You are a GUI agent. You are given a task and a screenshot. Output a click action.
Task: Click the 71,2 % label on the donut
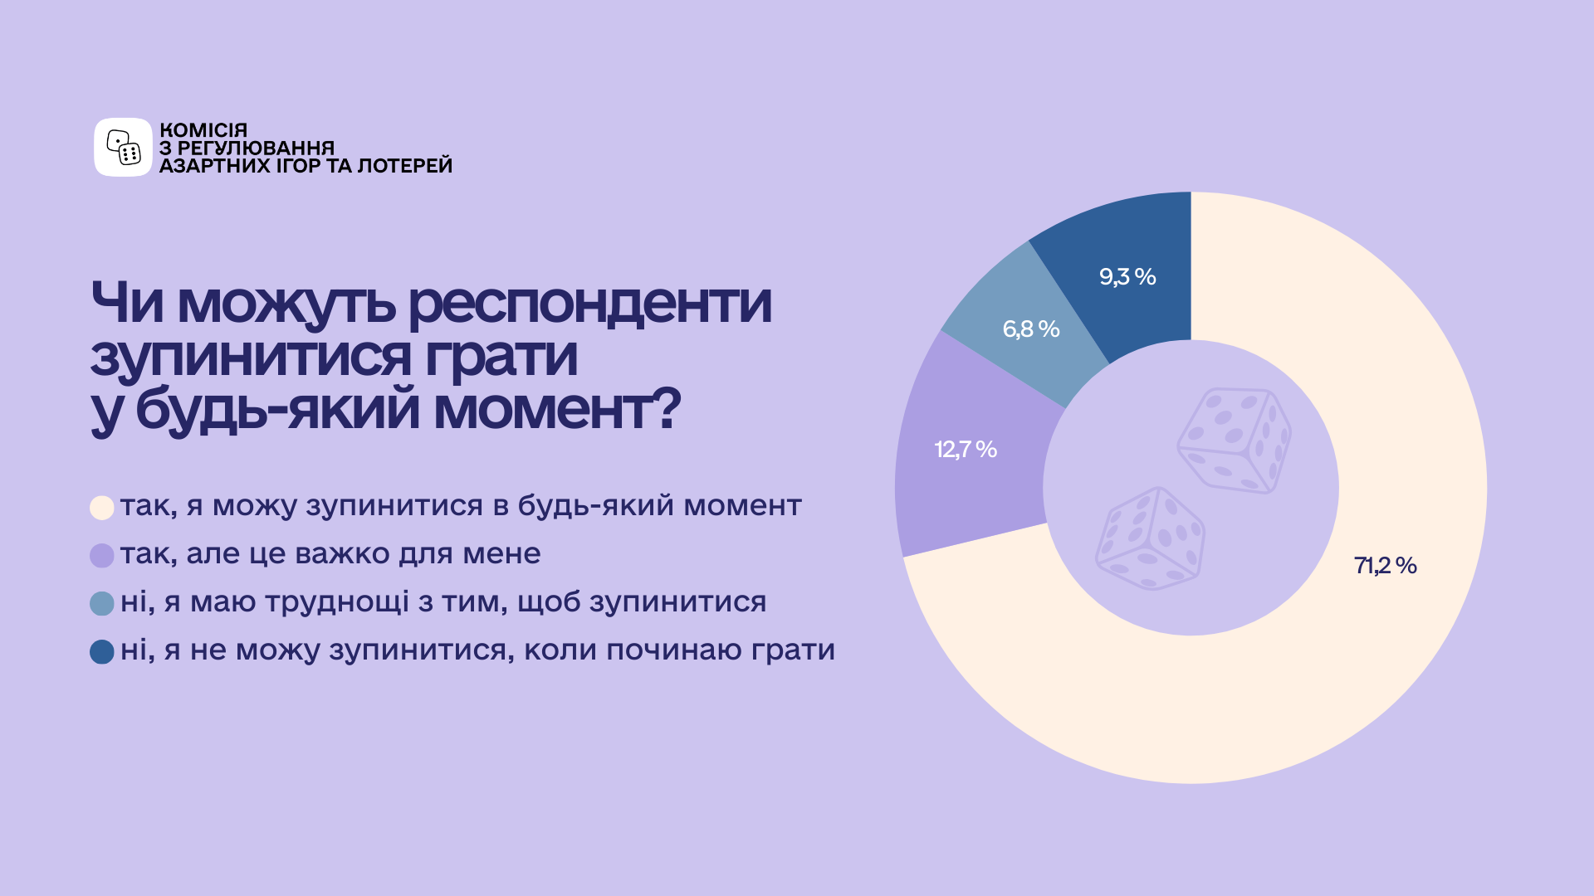pos(1385,566)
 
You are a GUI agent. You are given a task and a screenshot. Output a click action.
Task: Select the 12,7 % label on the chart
pos(966,450)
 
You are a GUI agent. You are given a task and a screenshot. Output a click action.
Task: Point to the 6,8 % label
pos(1031,329)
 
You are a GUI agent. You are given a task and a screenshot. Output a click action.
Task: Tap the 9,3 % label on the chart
pos(1127,277)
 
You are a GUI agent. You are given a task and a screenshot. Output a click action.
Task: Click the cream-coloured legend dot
pos(102,508)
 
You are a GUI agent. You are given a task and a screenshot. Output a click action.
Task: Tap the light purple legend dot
pos(102,556)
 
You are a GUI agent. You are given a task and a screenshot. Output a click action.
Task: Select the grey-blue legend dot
pos(102,604)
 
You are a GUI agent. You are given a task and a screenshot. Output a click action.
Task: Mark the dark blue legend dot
pos(102,652)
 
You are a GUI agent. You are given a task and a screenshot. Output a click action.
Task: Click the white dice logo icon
pos(123,147)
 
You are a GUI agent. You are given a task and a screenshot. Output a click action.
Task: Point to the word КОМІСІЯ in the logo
pos(203,130)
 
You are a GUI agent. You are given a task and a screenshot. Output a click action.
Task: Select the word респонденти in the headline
pos(590,304)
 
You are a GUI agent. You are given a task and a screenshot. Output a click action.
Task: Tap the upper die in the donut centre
pos(1235,441)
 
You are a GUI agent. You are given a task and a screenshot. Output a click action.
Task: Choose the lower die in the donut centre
pos(1151,538)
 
